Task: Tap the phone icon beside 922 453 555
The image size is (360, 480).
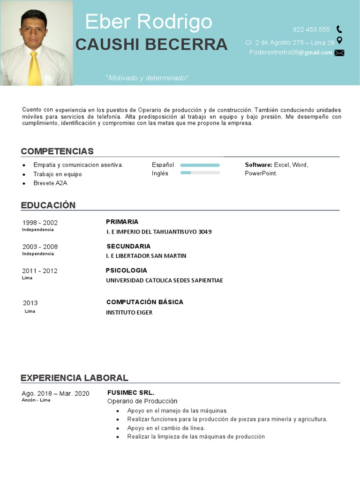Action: (x=339, y=30)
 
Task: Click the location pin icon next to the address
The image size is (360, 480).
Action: (x=339, y=41)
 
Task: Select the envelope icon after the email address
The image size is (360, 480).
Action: (x=339, y=53)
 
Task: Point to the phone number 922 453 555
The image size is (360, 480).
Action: (x=311, y=30)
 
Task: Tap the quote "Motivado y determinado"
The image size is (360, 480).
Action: (x=147, y=78)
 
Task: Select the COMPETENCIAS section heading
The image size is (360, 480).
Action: (x=57, y=151)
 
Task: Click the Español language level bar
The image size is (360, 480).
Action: (x=200, y=165)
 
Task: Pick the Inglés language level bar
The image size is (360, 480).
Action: (x=200, y=173)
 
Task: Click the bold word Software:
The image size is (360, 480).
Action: (x=258, y=165)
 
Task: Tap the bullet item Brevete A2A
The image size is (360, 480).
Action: (x=50, y=183)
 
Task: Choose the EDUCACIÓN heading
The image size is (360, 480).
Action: (x=48, y=205)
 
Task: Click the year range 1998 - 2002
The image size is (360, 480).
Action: (x=40, y=223)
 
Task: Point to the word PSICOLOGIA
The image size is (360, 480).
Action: (x=127, y=270)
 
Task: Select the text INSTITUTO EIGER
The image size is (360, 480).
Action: (x=129, y=312)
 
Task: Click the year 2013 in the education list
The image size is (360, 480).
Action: (x=30, y=303)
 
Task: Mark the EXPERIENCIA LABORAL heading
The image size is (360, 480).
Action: (x=75, y=378)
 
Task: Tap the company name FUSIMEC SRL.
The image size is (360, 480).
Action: (x=131, y=393)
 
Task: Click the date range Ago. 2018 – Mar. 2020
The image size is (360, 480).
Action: (x=55, y=393)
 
